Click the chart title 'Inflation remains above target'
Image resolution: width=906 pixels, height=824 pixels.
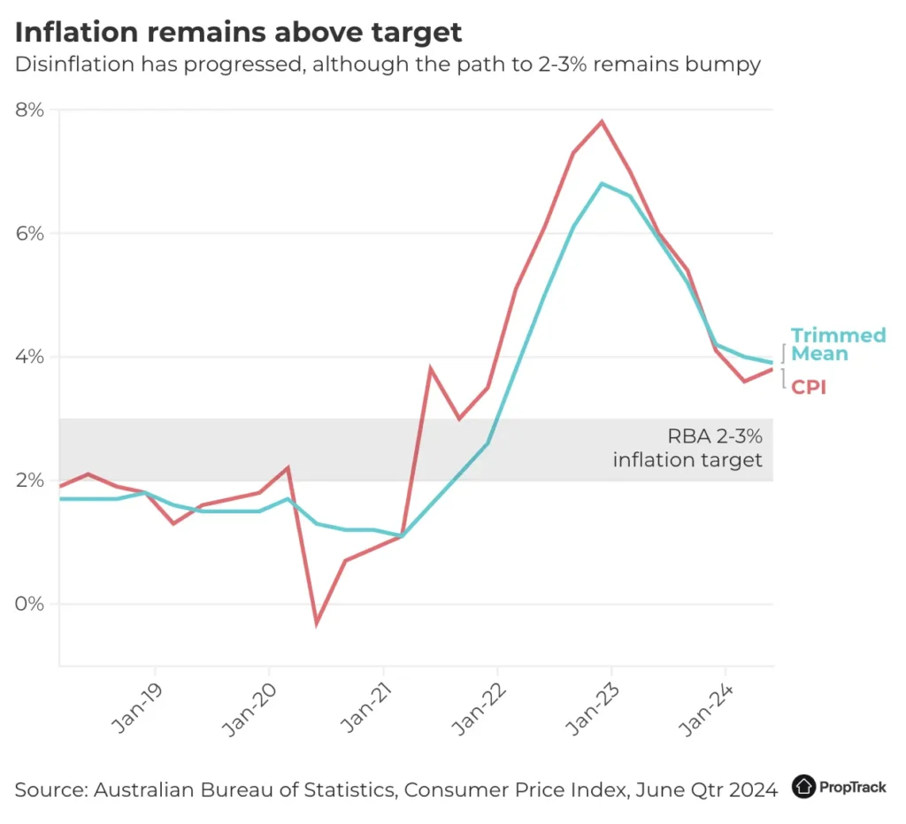click(x=239, y=33)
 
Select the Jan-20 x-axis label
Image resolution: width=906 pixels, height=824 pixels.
click(x=250, y=708)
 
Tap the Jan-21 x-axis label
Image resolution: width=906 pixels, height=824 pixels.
click(x=364, y=708)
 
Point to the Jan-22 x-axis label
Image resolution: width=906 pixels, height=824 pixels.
click(x=478, y=708)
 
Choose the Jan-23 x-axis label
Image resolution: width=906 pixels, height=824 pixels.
click(x=592, y=708)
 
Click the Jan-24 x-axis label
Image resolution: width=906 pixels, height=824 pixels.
click(x=706, y=708)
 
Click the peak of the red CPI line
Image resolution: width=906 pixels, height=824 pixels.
click(x=603, y=122)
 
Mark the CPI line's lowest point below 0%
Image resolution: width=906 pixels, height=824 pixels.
click(x=316, y=623)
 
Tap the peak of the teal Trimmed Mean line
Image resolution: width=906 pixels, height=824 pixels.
click(x=603, y=184)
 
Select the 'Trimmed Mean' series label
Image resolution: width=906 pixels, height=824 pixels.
click(x=837, y=344)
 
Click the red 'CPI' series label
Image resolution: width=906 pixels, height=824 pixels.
click(x=808, y=387)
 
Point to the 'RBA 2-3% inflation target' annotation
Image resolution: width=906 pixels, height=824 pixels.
click(x=687, y=448)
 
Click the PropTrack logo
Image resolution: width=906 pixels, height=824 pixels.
click(x=839, y=786)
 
